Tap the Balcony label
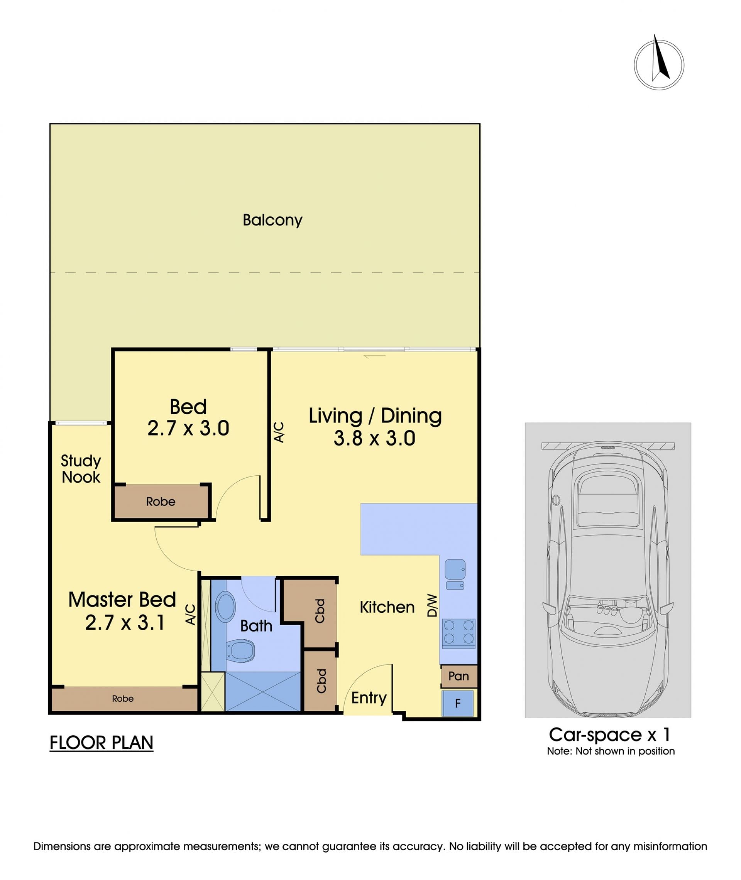pos(272,220)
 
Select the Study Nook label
pos(81,469)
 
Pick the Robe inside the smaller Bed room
pos(161,501)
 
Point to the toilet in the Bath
pos(240,650)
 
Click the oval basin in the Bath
pos(225,606)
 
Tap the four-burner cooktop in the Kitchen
pos(458,633)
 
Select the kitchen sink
pos(455,574)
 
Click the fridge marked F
pos(457,703)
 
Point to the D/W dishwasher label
pos(432,605)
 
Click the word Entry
pos(369,698)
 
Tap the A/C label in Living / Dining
pos(279,432)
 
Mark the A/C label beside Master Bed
pos(191,614)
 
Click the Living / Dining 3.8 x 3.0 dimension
pos(375,438)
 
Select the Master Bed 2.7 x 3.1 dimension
pos(125,623)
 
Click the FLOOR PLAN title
pos(101,743)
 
